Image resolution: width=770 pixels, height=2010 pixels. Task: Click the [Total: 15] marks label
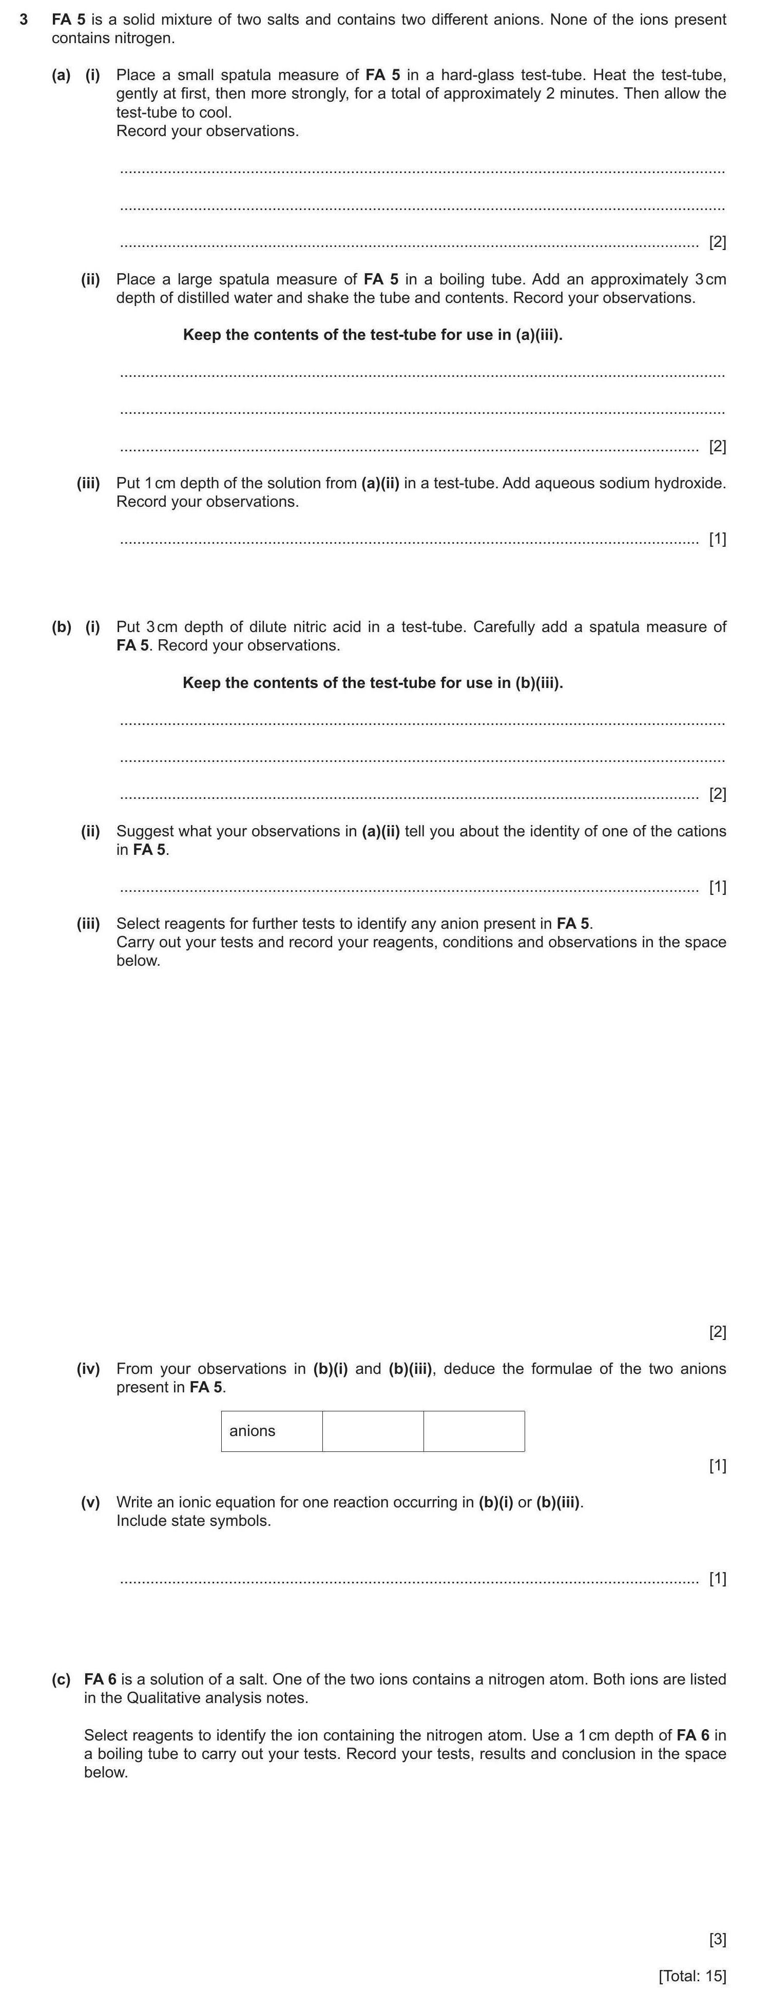click(692, 1977)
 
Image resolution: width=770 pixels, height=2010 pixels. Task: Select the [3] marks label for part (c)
click(717, 1939)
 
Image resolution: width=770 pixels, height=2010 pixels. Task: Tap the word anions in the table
click(252, 1431)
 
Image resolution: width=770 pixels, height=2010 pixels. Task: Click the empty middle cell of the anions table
click(373, 1431)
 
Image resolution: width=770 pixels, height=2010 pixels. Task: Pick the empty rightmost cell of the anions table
click(473, 1431)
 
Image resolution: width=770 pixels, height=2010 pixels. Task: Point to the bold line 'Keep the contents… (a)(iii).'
click(372, 335)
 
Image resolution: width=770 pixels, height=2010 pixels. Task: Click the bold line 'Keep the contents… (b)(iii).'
click(372, 683)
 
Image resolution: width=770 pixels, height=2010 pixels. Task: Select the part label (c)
click(61, 1679)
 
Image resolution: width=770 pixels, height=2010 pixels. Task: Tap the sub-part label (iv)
click(88, 1369)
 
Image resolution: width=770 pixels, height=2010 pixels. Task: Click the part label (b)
click(61, 626)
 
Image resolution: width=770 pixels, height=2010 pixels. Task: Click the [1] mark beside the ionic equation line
click(717, 1579)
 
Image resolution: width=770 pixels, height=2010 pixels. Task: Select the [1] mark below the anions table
click(717, 1465)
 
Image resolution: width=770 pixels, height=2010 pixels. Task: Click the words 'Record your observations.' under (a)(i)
click(207, 131)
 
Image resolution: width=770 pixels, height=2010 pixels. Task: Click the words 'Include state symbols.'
click(194, 1521)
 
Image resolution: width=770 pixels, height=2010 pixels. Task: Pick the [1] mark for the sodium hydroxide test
click(717, 539)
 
